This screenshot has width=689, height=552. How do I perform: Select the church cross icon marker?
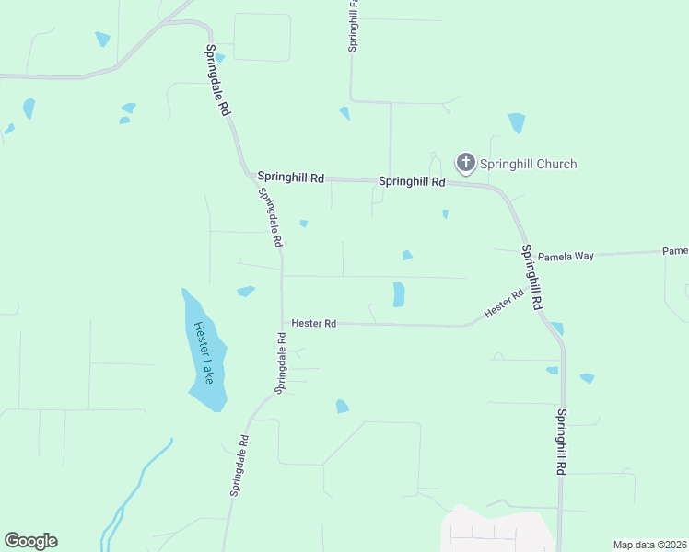[x=466, y=164]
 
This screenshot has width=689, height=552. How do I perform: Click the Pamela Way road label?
[x=566, y=256]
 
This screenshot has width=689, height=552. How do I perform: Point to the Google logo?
[x=30, y=541]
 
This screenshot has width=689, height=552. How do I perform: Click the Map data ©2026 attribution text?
[x=649, y=545]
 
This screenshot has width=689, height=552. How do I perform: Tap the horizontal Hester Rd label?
[x=314, y=323]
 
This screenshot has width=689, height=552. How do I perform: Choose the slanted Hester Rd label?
[x=504, y=303]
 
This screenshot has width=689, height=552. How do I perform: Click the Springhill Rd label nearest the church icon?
[x=412, y=182]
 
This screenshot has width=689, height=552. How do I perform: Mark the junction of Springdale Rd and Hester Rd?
[x=283, y=323]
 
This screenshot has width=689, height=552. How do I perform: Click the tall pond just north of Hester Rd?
[x=399, y=294]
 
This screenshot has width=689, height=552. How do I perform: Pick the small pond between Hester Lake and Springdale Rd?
[x=246, y=292]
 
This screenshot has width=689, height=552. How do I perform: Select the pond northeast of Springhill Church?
[x=517, y=122]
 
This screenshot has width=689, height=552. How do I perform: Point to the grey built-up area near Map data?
[x=497, y=531]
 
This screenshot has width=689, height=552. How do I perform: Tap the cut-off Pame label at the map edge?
[x=675, y=250]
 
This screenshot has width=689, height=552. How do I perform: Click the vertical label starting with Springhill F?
[x=353, y=26]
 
